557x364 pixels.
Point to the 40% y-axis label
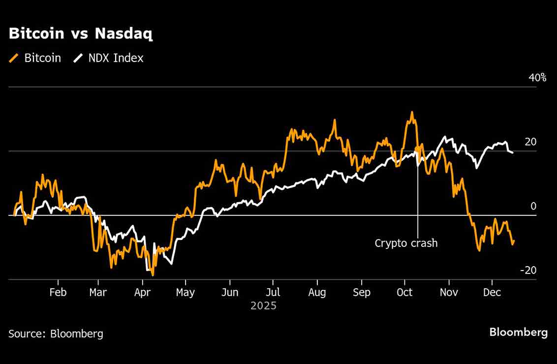tap(537, 78)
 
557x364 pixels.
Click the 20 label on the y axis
tap(530, 142)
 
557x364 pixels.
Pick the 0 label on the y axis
tap(533, 206)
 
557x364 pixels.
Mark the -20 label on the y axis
tap(528, 271)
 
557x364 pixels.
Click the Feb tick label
tap(58, 293)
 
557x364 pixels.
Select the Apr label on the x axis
tap(142, 293)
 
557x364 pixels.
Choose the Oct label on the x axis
tap(404, 293)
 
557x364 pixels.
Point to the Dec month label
tap(492, 293)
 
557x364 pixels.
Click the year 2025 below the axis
tap(264, 306)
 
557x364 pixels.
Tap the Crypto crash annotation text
tap(406, 243)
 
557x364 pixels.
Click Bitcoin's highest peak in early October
tap(411, 112)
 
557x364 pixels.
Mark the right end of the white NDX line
tap(513, 152)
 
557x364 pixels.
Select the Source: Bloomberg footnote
tap(56, 334)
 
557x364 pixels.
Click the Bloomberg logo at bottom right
tap(518, 333)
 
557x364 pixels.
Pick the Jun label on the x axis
tap(230, 293)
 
